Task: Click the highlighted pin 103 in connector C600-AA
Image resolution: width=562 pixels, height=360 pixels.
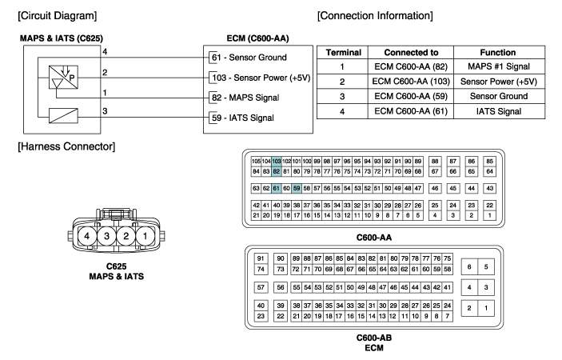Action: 276,162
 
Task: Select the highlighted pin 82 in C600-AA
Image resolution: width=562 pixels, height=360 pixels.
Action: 276,171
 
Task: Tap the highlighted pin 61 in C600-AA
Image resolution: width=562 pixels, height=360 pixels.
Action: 276,188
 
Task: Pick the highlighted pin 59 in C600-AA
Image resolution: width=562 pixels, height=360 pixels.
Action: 297,188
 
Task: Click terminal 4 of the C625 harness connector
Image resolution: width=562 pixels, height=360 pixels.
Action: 86,236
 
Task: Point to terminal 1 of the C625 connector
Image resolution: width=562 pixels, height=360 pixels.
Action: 145,236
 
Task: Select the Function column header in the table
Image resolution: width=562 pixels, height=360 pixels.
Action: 498,52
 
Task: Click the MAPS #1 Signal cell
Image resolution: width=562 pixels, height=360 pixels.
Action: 499,66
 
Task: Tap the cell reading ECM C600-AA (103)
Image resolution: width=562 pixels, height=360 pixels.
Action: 411,82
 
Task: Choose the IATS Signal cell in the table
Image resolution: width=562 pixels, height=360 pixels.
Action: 499,111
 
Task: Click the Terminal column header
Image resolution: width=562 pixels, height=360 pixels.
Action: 344,52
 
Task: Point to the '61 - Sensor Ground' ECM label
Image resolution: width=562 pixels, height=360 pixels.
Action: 249,58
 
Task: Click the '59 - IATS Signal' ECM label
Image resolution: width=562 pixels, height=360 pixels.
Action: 243,118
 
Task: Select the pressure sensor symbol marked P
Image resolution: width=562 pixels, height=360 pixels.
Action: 63,77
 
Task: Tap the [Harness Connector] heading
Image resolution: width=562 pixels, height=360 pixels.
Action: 66,146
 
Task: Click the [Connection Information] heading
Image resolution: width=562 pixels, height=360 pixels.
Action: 375,16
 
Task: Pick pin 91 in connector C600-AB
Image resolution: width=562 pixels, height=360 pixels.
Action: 261,258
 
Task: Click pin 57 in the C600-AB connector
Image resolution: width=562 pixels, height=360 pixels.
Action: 261,287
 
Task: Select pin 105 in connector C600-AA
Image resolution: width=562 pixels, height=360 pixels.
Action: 256,162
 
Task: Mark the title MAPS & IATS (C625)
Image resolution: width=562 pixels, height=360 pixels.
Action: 62,38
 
